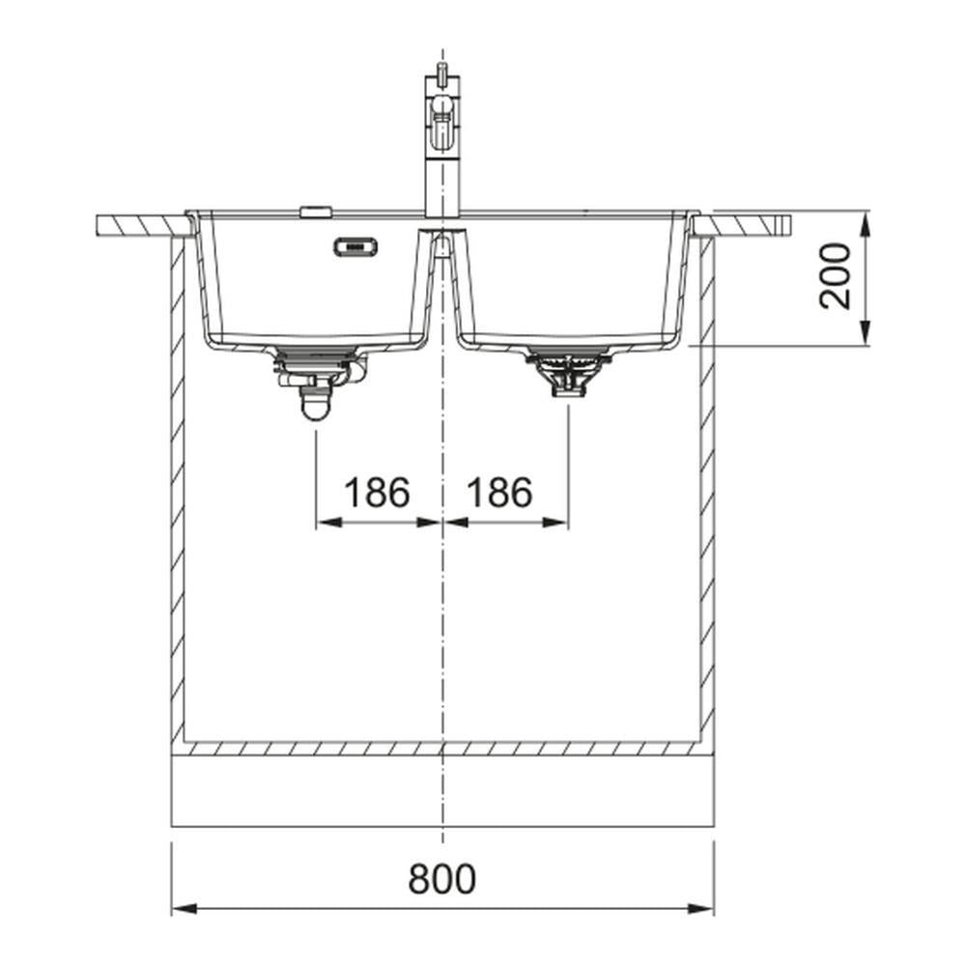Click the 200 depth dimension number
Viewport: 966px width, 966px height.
(x=835, y=276)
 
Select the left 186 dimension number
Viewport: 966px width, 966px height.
(x=377, y=493)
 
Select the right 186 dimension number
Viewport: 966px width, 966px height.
(x=499, y=493)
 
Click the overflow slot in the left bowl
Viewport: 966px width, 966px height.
(x=355, y=246)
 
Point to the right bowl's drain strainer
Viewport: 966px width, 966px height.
(x=567, y=372)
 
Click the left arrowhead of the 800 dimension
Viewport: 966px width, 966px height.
(x=185, y=909)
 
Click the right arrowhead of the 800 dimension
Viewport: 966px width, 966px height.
(x=701, y=909)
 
